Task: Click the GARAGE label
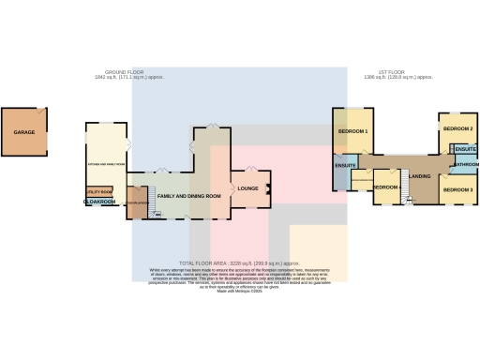[x=23, y=133]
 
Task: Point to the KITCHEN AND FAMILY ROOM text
[x=106, y=164]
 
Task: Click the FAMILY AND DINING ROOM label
[x=188, y=196]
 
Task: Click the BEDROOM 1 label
[x=352, y=131]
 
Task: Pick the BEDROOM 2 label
[x=457, y=127]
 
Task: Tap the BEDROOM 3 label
[x=457, y=190]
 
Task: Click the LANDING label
[x=420, y=176]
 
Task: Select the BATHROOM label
[x=466, y=164]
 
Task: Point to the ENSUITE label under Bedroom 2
[x=465, y=148]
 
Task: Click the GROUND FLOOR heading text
[x=125, y=72]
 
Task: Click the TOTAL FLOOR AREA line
[x=239, y=264]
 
